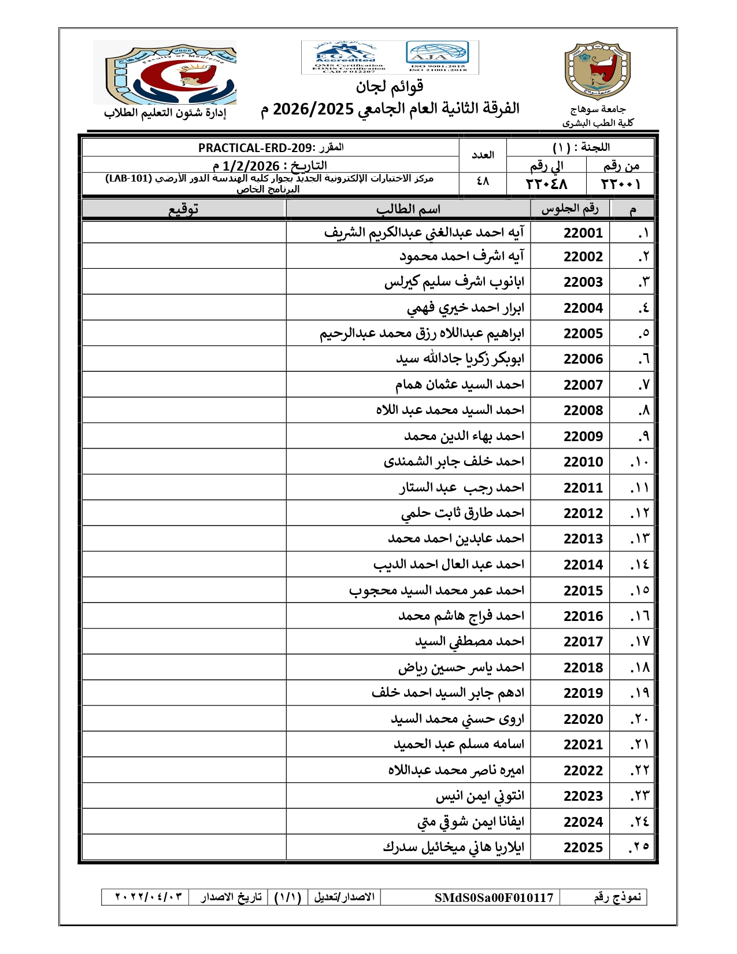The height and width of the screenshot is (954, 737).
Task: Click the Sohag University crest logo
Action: [x=597, y=71]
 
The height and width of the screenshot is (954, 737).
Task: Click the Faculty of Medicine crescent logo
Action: [x=165, y=73]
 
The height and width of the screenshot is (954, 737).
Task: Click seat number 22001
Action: [x=583, y=233]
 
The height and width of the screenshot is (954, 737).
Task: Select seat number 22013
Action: [x=583, y=539]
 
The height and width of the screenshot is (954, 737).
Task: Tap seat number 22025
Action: [x=583, y=848]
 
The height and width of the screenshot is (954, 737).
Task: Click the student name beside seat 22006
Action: [x=460, y=359]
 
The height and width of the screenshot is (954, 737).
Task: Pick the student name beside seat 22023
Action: [x=480, y=796]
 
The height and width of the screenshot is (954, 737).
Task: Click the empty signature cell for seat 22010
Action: [x=184, y=462]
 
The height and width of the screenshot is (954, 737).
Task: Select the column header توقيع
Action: [x=183, y=209]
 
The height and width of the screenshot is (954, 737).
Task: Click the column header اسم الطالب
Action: [x=408, y=209]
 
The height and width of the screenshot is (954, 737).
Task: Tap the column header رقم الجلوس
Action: [x=569, y=209]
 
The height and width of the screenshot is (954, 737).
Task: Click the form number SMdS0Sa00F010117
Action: [x=494, y=897]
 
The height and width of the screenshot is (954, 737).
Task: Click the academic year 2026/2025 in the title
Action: [x=313, y=109]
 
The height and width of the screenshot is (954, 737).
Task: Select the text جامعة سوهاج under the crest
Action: [x=598, y=109]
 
